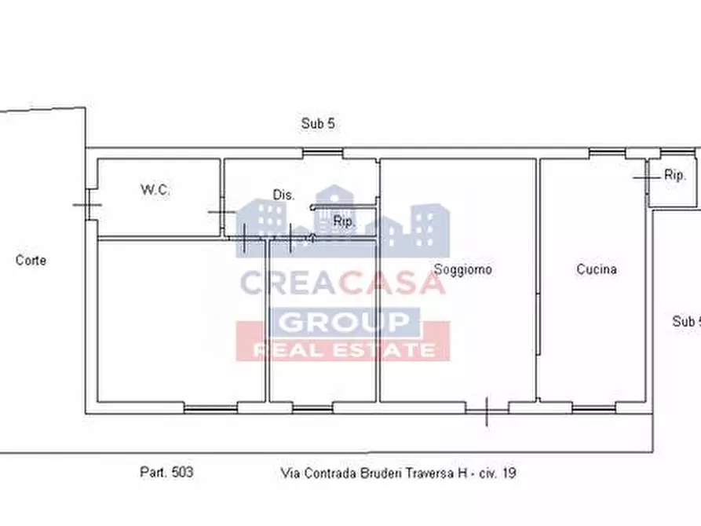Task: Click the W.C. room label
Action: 155,190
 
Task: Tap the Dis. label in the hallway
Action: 283,195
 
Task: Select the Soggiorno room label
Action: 463,269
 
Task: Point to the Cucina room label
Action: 597,269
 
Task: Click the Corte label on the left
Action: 31,260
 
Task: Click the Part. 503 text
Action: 166,473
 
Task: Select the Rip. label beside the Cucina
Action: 675,176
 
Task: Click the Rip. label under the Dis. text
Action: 344,221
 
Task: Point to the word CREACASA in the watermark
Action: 341,282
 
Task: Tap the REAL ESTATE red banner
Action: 343,350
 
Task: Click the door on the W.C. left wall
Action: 88,206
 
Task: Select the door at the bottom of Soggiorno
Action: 487,408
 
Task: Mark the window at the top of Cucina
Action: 608,152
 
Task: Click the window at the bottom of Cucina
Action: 594,408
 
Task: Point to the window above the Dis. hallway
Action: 323,152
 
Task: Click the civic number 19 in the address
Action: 509,473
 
